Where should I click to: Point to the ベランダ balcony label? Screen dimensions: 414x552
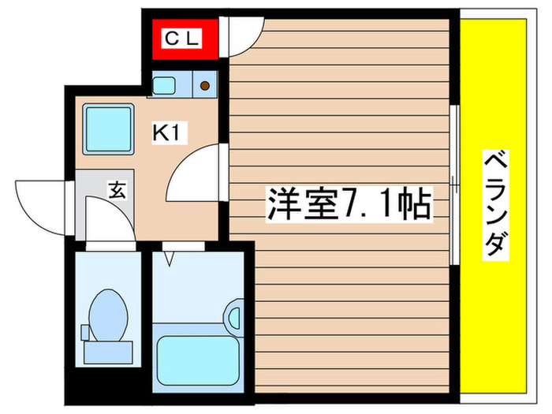coord(494,205)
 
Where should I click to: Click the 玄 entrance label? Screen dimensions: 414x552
coord(117,190)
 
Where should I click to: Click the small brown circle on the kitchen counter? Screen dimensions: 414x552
coord(204,84)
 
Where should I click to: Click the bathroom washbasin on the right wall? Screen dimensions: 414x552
coord(234,315)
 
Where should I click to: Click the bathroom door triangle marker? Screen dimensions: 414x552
coord(169,256)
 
